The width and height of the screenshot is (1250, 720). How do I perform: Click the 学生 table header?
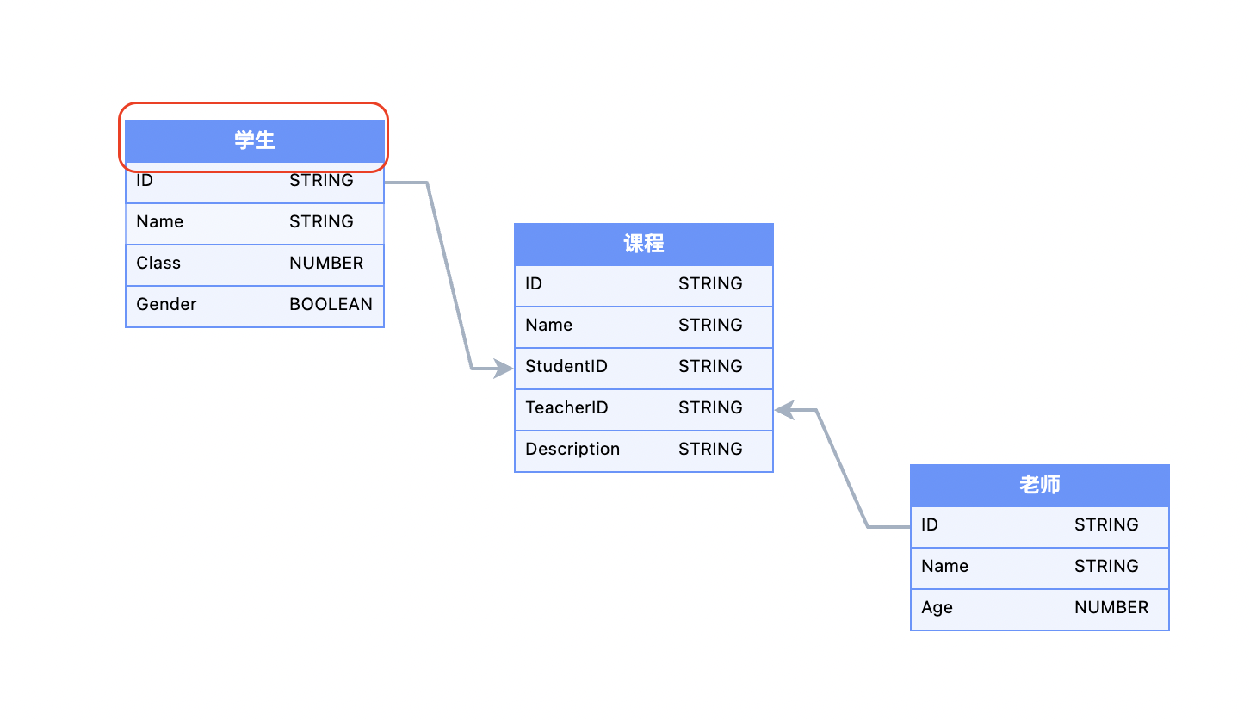click(x=255, y=140)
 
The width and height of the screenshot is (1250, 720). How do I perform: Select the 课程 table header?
click(x=644, y=245)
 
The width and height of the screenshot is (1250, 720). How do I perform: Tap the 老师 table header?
click(x=1039, y=485)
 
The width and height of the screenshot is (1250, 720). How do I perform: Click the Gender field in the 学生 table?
click(x=167, y=305)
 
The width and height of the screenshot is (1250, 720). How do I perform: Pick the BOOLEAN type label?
click(x=331, y=305)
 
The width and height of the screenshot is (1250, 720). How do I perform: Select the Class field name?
click(x=158, y=264)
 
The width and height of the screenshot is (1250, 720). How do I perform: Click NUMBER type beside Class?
click(x=326, y=264)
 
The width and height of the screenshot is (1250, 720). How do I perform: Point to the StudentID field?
click(x=566, y=367)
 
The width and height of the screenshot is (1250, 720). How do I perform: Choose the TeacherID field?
click(x=566, y=408)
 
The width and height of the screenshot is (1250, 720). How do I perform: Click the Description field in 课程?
click(x=572, y=450)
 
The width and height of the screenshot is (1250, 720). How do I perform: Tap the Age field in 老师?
click(x=937, y=608)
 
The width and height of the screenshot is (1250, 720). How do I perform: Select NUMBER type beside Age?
click(x=1111, y=608)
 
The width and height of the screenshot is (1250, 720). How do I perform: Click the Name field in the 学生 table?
click(x=160, y=222)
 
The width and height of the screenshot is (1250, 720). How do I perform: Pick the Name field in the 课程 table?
click(x=549, y=326)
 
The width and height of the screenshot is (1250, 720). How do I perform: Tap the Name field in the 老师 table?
click(x=944, y=567)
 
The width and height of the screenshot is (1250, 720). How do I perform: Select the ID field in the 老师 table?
click(x=930, y=525)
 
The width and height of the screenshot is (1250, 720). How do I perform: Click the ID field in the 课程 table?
click(x=534, y=284)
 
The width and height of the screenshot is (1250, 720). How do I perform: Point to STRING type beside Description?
click(x=710, y=450)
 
